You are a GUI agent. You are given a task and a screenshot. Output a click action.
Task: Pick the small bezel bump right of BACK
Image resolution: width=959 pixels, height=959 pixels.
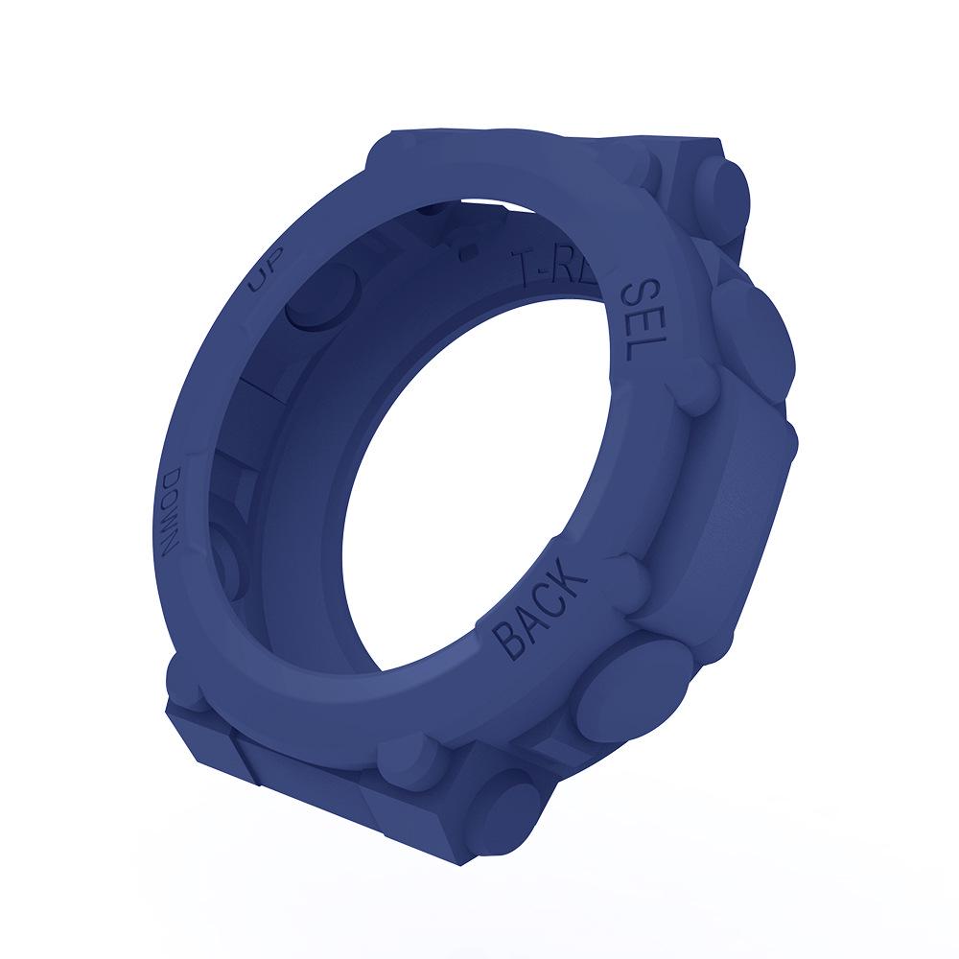coord(628,575)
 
